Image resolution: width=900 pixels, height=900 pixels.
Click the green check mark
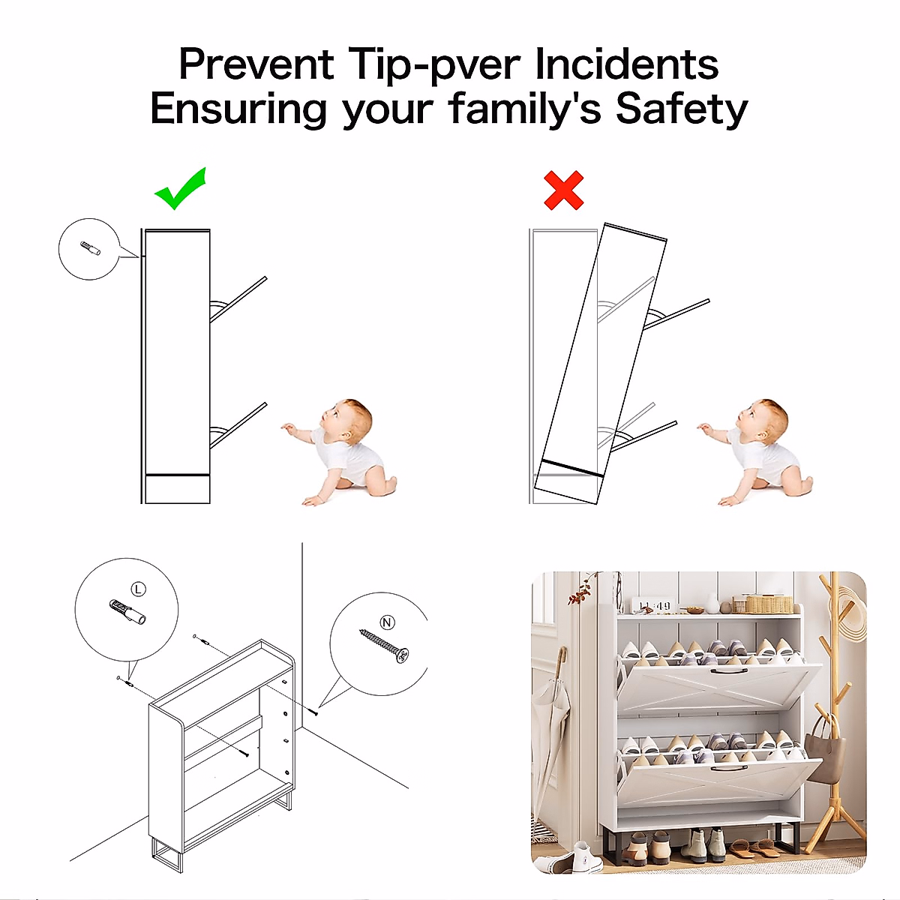click(x=180, y=189)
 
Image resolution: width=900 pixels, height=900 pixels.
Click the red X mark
click(x=564, y=190)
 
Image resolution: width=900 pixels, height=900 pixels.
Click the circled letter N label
click(x=387, y=622)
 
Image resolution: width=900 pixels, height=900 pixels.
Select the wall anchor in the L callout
click(x=127, y=612)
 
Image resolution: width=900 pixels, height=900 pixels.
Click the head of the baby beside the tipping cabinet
click(x=764, y=419)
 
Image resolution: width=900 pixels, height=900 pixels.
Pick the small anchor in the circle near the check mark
click(x=90, y=248)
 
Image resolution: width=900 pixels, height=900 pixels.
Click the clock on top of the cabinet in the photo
click(x=654, y=606)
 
